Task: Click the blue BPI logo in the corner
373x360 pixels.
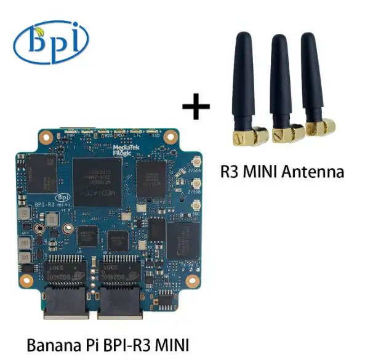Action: coord(51,42)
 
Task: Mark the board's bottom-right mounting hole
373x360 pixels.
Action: coord(196,282)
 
